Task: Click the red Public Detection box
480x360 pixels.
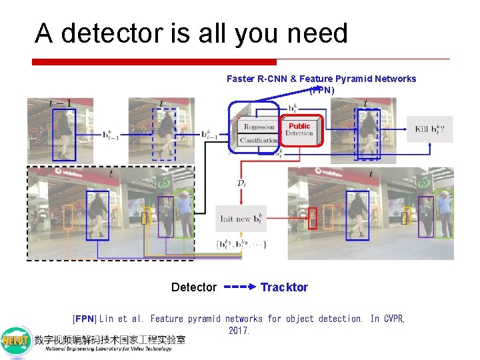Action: pyautogui.click(x=299, y=130)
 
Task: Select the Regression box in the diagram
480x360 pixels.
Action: pyautogui.click(x=259, y=127)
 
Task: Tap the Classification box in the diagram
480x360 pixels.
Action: pyautogui.click(x=258, y=140)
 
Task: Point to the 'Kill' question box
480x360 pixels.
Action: pyautogui.click(x=430, y=129)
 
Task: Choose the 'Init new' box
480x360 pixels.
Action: pyautogui.click(x=242, y=219)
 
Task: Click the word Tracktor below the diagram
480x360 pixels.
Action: pyautogui.click(x=284, y=287)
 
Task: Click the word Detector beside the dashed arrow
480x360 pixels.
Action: pyautogui.click(x=194, y=287)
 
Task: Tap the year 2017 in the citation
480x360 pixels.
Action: pyautogui.click(x=239, y=331)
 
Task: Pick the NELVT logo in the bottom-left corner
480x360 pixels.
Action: pyautogui.click(x=16, y=341)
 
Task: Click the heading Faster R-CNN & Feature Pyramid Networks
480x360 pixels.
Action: pyautogui.click(x=321, y=79)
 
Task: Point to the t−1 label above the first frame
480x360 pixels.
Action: pyautogui.click(x=60, y=103)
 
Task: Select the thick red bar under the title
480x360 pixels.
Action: pyautogui.click(x=154, y=62)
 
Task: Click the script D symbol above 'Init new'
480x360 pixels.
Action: pyautogui.click(x=241, y=182)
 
